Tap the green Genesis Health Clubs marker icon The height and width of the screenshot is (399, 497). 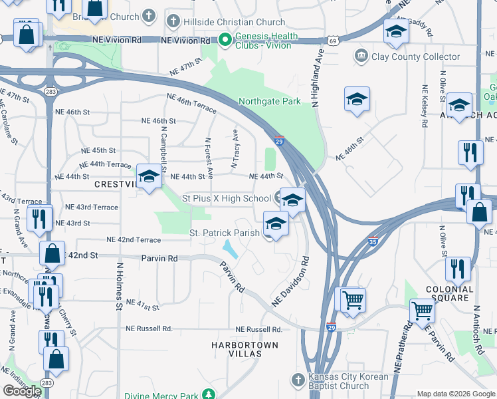point(226,41)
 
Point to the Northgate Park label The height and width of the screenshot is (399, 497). point(270,102)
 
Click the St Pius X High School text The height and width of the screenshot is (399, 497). point(227,198)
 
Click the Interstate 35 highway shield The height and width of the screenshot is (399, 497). point(373,243)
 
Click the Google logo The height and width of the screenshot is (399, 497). point(22,391)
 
